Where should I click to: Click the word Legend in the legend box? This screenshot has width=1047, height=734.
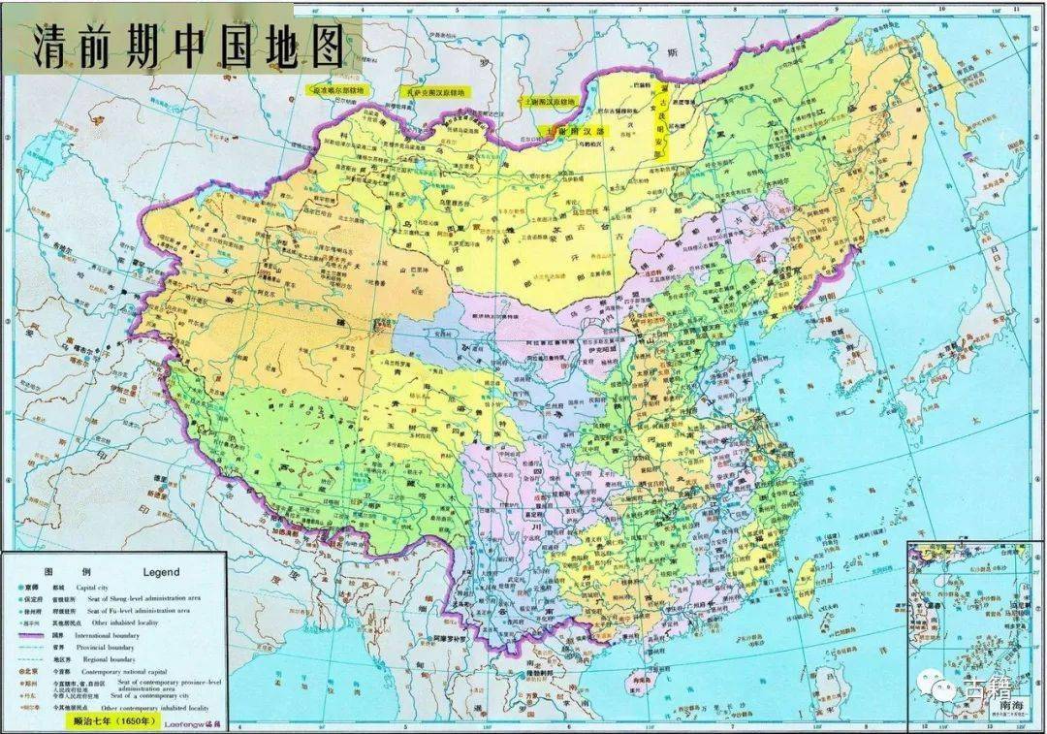coord(162,573)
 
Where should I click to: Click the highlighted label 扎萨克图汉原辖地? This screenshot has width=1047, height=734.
coord(433,91)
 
